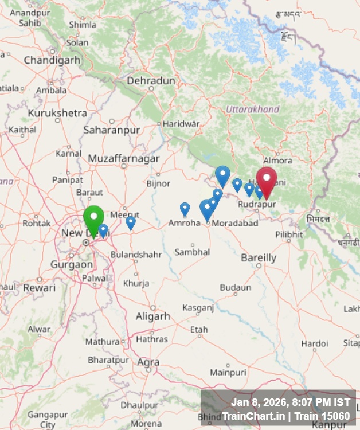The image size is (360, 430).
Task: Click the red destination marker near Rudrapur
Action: pos(266,180)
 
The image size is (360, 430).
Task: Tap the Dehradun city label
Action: pos(151,81)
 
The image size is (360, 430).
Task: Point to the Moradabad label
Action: pos(235,223)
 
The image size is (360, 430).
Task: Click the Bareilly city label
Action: pos(259,257)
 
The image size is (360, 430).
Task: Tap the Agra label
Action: pos(148,362)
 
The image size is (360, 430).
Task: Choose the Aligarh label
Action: pos(152,316)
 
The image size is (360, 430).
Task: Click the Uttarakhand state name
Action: pos(252,109)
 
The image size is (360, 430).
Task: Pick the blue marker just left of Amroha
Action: pos(185,209)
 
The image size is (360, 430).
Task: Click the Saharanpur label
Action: pos(111,130)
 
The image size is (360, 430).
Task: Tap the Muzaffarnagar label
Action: pos(124,158)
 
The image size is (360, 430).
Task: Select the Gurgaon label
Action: pos(72,265)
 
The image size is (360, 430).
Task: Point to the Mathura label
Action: pos(101,342)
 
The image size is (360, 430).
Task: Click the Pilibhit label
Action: pos(288,234)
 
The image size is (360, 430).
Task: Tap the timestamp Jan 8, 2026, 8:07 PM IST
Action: pos(290,402)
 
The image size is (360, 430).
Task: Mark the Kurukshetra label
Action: pos(57,113)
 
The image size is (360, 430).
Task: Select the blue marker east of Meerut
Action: pos(131,222)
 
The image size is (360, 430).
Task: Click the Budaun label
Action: pos(236,287)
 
